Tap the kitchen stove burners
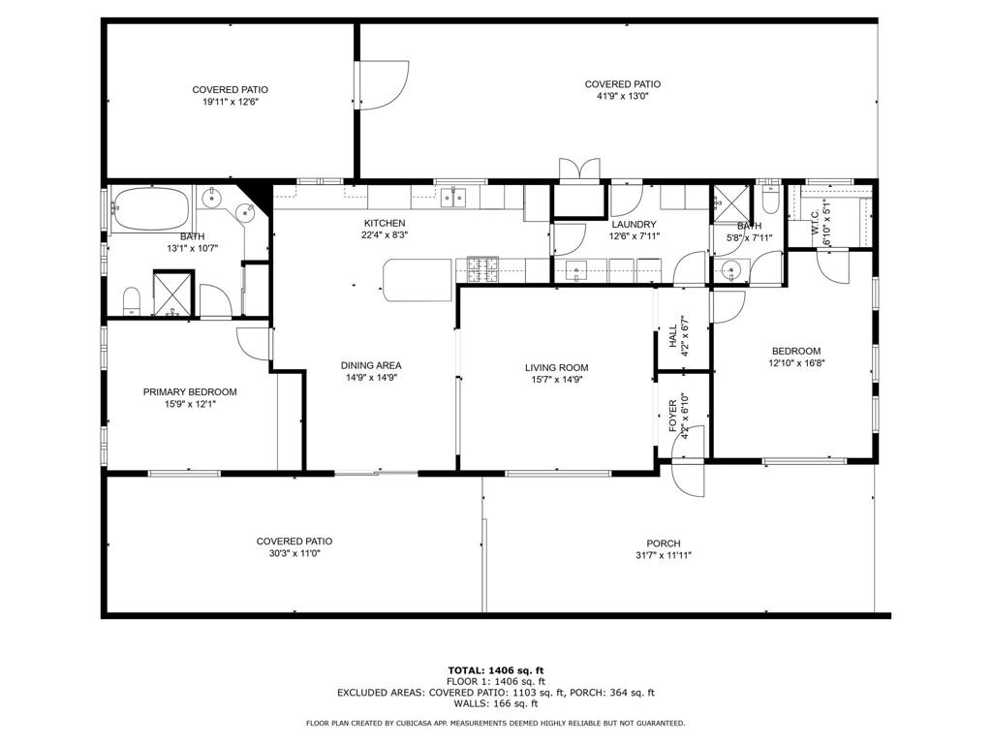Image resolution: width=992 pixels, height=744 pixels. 482,269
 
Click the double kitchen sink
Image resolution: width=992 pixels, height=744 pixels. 453,198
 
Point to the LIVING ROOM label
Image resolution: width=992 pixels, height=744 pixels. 556,368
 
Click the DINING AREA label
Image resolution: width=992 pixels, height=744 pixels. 370,365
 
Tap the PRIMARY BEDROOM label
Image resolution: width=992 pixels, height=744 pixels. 190,392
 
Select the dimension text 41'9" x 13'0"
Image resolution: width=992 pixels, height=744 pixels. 622,97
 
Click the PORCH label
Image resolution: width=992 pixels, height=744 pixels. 664,543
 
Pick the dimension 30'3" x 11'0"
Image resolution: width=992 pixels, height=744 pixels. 294,554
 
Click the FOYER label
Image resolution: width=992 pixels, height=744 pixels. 673,415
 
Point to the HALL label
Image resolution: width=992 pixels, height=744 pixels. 673,336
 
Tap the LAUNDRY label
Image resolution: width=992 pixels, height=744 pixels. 634,224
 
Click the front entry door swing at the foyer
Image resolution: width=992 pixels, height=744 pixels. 686,479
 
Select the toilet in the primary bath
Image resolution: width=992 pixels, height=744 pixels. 132,301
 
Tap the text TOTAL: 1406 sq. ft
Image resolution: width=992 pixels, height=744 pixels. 495,670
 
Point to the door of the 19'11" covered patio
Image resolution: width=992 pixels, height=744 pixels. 376,90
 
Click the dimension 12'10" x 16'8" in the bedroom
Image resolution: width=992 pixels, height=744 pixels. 795,363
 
